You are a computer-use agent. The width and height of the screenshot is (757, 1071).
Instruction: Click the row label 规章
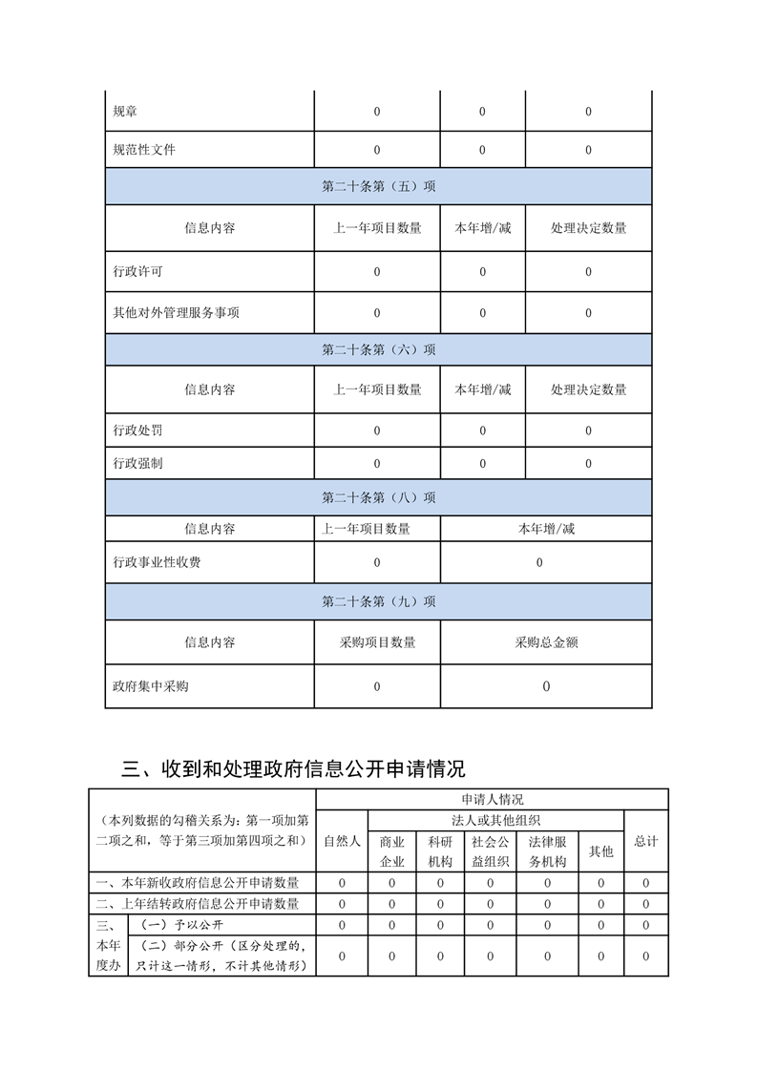coord(125,112)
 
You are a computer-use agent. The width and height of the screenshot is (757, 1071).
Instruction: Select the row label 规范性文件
coord(144,150)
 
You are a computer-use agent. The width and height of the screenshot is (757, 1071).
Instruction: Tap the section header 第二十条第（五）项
coord(379,187)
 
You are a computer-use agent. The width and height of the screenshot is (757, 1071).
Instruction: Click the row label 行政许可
coord(137,272)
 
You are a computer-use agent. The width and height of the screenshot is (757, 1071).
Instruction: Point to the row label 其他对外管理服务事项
coord(176,312)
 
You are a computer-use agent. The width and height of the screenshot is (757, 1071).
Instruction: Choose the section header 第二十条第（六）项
coord(379,349)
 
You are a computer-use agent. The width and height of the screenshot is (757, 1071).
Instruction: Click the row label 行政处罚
coord(137,430)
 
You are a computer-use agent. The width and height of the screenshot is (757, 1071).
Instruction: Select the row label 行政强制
coord(137,464)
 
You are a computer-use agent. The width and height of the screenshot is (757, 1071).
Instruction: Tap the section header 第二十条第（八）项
coord(379,497)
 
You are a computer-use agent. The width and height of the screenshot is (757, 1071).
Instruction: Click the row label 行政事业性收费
coord(157,563)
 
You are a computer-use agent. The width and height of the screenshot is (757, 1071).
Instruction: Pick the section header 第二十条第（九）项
coord(379,601)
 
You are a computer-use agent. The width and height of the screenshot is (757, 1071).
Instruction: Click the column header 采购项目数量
coord(377,642)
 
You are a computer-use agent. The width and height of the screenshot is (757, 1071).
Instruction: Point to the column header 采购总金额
coord(546,642)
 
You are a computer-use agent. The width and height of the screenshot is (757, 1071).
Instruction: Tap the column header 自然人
coord(342,841)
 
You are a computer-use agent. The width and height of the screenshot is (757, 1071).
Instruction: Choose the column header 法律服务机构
coord(548,851)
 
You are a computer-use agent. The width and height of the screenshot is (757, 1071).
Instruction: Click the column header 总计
coord(646,841)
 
